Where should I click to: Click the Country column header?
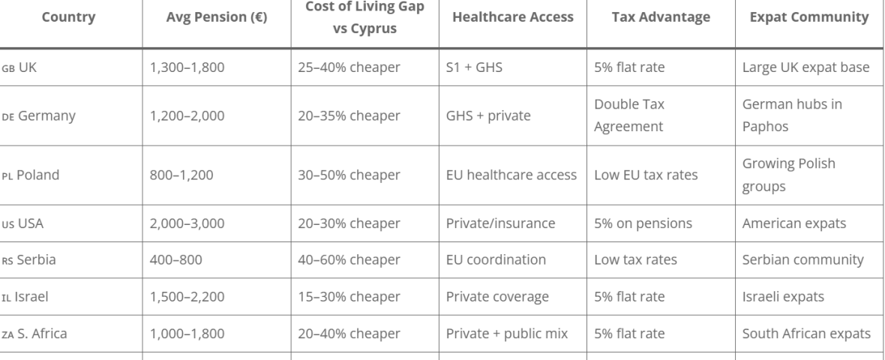click(x=68, y=16)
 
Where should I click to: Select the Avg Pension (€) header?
click(x=217, y=16)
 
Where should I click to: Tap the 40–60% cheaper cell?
click(x=349, y=259)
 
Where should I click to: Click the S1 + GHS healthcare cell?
click(x=474, y=67)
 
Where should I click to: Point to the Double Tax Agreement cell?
click(x=629, y=115)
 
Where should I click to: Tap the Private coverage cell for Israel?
click(x=496, y=296)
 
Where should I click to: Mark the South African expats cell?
click(x=806, y=334)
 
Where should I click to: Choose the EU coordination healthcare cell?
click(x=495, y=259)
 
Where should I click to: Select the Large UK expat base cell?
click(x=805, y=67)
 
